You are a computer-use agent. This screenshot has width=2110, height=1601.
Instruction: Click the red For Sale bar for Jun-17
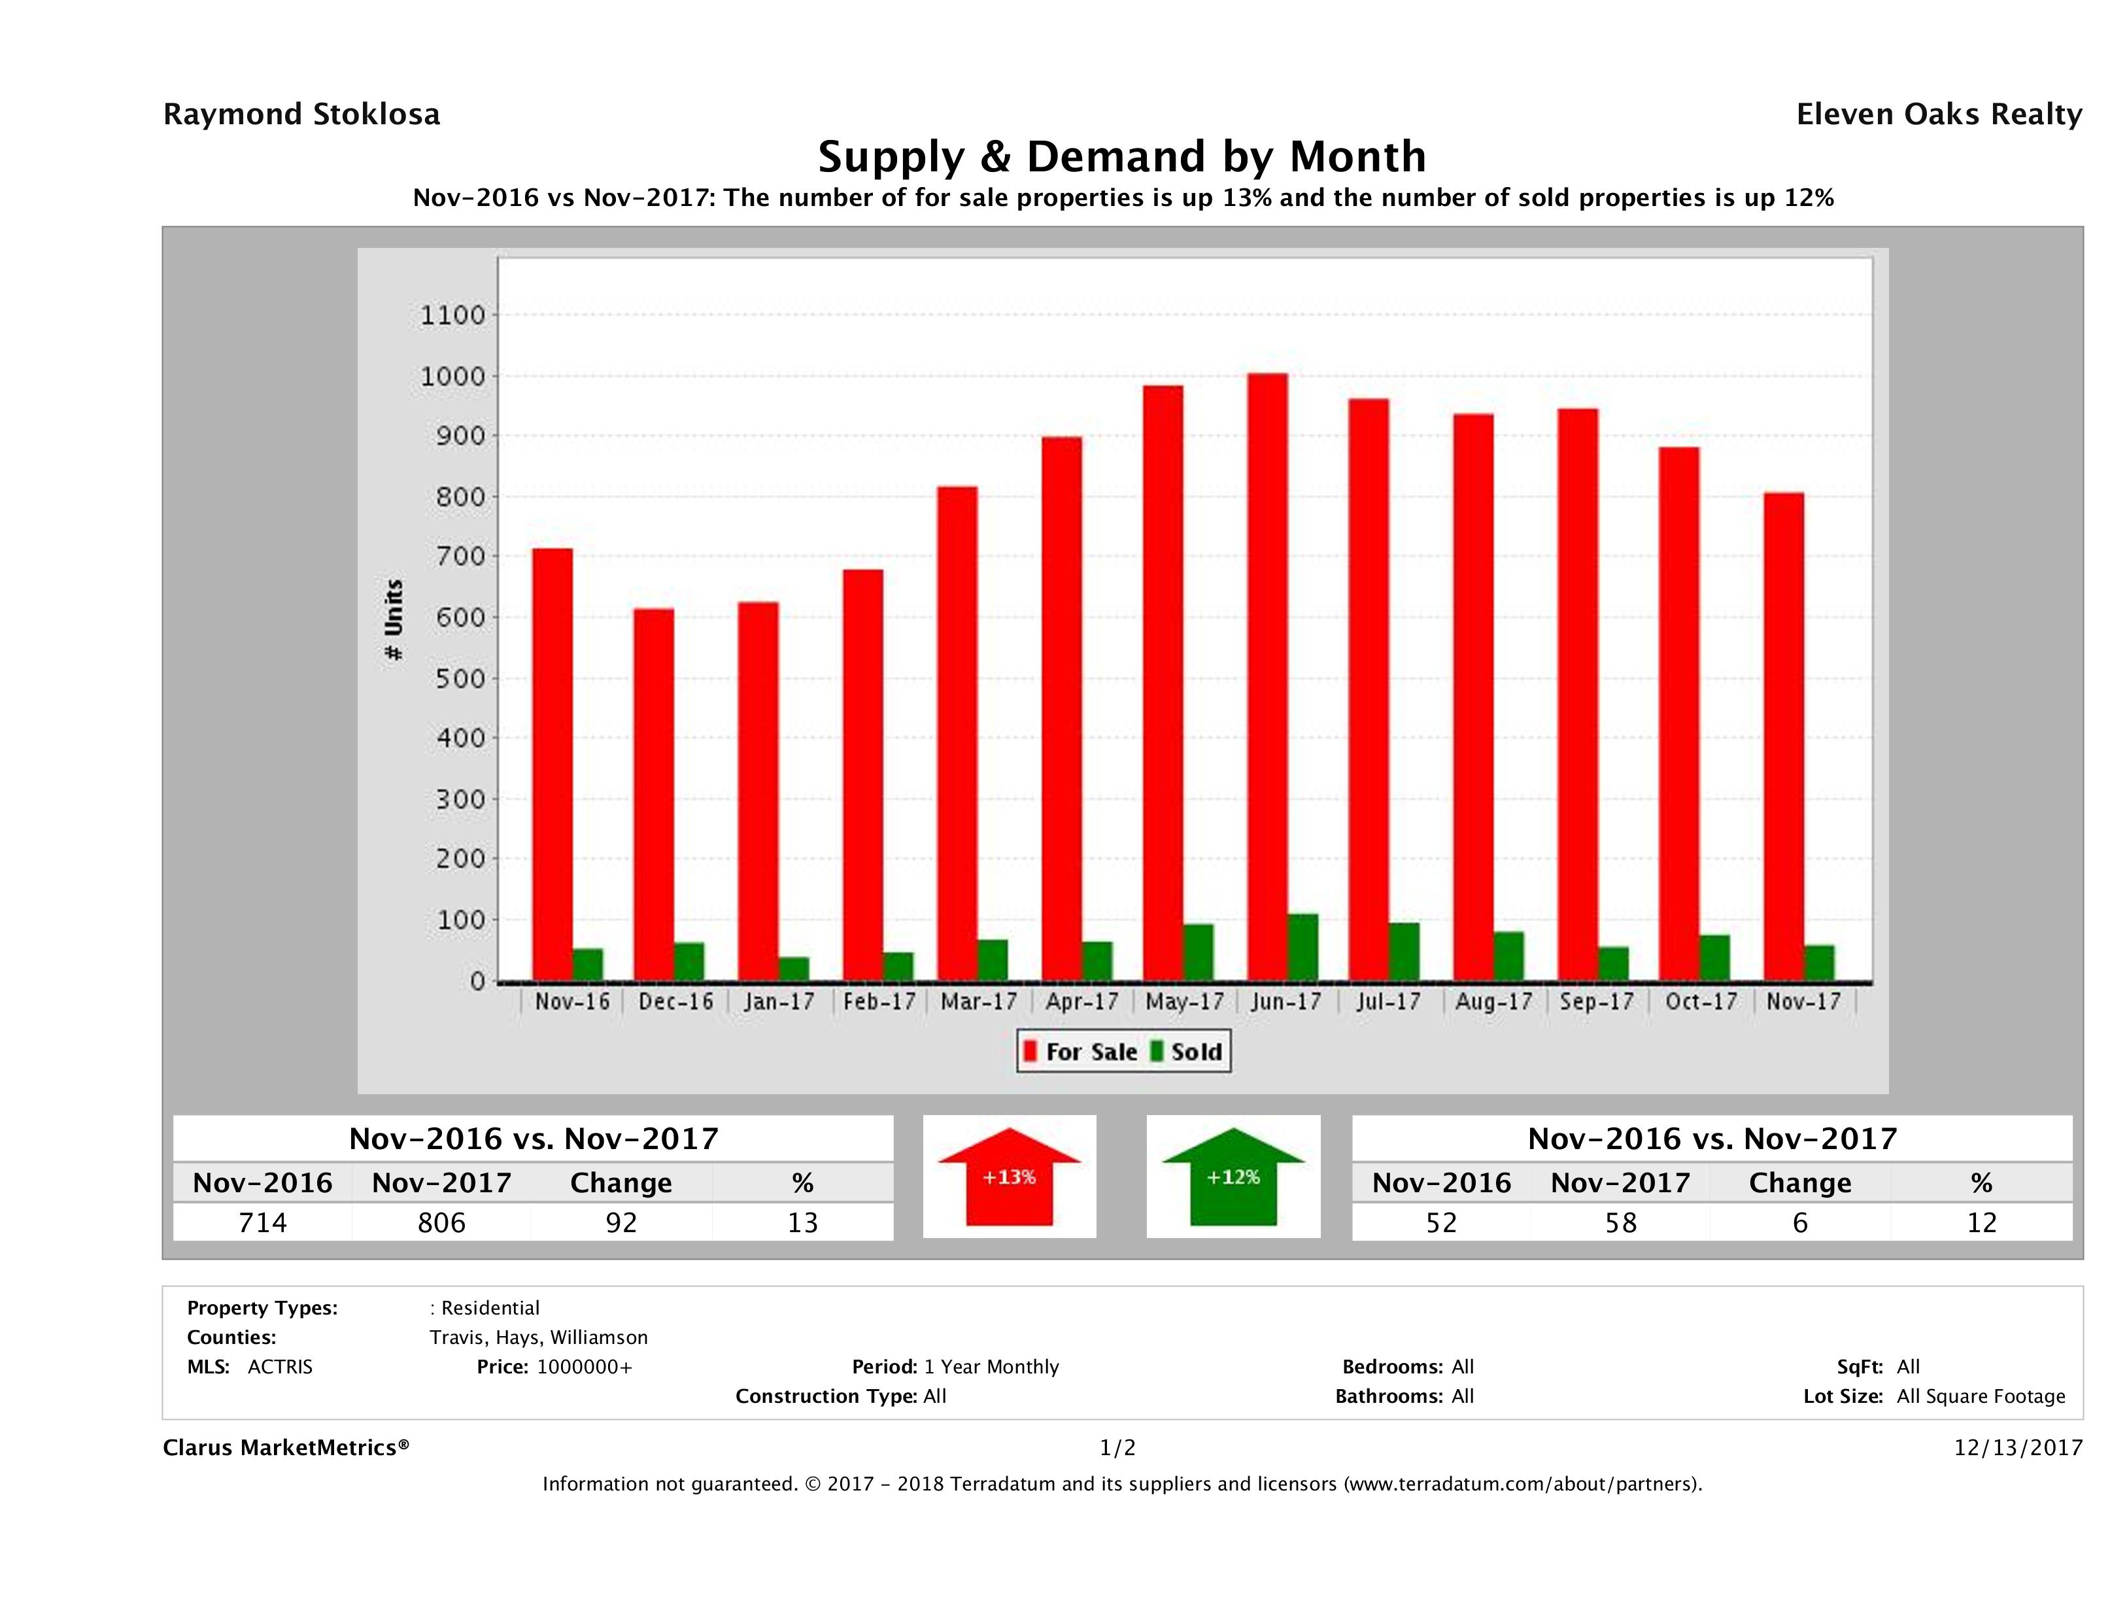(x=1267, y=678)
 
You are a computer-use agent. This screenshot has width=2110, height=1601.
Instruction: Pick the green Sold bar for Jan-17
(x=794, y=969)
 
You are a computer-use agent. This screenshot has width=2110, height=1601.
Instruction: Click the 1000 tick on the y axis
(x=453, y=377)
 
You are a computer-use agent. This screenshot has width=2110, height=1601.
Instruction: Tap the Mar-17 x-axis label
(x=979, y=1002)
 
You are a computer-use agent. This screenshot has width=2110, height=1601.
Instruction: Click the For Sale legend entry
(x=1081, y=1052)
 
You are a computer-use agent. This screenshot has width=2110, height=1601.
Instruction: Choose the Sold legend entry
(x=1187, y=1052)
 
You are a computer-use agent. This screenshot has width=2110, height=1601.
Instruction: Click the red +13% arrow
(x=1009, y=1177)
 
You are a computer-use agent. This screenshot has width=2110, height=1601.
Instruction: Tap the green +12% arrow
(x=1233, y=1177)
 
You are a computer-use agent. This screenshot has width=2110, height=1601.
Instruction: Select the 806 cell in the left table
(x=441, y=1222)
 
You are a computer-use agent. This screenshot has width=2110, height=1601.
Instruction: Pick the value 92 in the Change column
(x=621, y=1222)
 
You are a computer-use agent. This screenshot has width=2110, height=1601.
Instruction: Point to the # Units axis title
(x=393, y=620)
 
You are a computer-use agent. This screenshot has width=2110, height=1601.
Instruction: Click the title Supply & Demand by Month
(x=1122, y=156)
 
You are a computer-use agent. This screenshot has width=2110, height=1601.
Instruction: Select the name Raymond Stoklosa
(x=301, y=114)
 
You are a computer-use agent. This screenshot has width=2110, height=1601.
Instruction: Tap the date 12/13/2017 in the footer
(x=2017, y=1447)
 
